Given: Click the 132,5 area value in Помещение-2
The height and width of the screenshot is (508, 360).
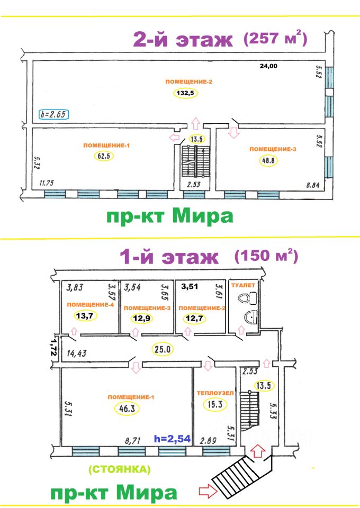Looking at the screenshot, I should pos(183,93).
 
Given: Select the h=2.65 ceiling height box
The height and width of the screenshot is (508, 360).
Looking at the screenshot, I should pos(55,113).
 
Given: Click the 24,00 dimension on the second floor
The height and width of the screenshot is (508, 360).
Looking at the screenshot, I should pos(268,67).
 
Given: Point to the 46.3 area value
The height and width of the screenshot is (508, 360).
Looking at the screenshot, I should pos(124,407).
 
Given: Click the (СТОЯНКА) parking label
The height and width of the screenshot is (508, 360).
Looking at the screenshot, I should pos(120,469).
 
